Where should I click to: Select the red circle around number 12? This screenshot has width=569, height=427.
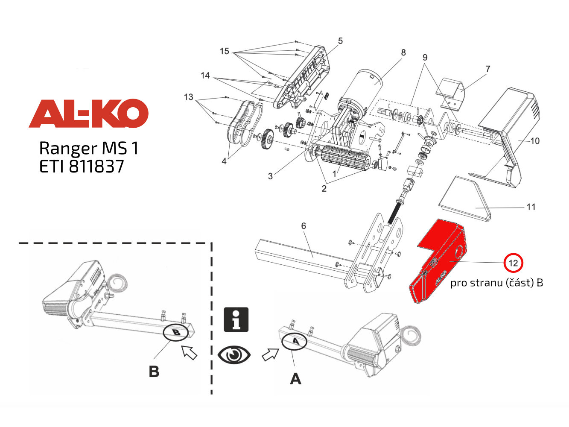513,263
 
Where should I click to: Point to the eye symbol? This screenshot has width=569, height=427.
234,355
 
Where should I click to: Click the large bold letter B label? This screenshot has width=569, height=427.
154,371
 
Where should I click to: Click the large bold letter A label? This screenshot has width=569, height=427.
295,378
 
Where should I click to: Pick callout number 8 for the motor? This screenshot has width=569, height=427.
403,53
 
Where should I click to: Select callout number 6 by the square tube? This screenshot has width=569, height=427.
303,225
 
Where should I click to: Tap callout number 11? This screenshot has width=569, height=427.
531,207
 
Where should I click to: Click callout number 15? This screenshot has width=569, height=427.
225,51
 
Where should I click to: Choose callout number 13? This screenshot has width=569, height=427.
189,97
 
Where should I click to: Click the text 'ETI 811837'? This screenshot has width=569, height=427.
82,167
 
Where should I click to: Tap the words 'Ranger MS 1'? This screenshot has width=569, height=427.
89,148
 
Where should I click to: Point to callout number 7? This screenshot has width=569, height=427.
488,69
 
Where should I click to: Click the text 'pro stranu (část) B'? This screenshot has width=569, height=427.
496,283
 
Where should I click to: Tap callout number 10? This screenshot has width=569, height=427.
535,141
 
